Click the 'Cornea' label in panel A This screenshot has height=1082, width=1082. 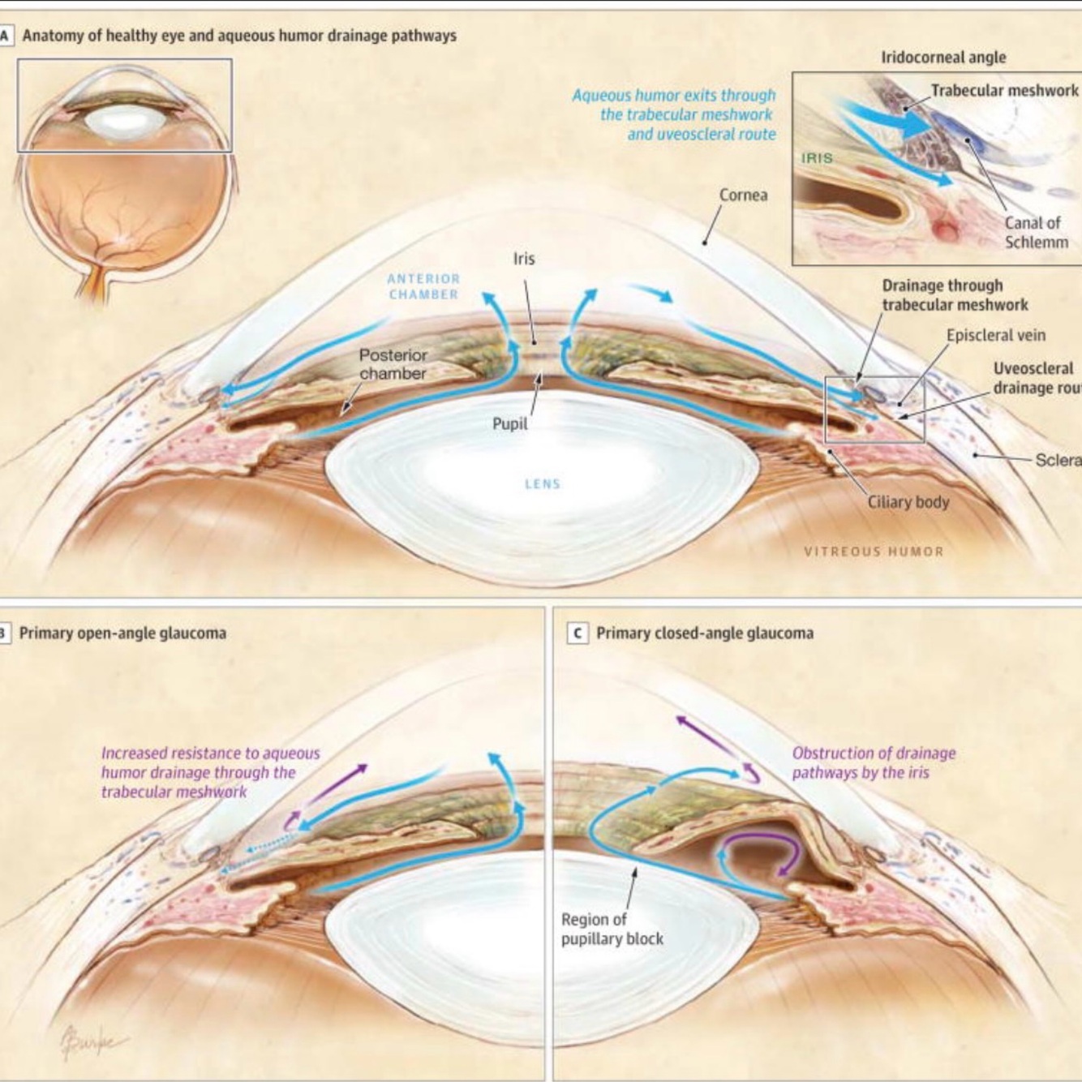743,195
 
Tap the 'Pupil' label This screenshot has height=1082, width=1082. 509,423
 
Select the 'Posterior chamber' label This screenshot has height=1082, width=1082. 393,364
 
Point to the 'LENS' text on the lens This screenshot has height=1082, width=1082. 542,484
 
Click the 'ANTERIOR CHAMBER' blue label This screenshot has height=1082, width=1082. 423,286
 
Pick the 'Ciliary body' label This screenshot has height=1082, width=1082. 908,502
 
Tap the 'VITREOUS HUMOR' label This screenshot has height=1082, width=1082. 874,552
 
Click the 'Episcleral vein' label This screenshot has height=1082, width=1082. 995,335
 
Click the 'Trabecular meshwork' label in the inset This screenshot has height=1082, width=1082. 1004,91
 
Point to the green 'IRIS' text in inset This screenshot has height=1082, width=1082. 817,158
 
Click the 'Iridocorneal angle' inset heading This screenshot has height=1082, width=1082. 943,58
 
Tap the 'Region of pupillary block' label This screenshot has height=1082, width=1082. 612,929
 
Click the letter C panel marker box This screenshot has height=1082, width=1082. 577,633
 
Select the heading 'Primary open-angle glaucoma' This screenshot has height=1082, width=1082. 122,633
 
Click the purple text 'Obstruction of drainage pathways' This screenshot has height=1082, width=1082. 873,762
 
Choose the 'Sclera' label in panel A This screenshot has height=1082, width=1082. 1057,460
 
